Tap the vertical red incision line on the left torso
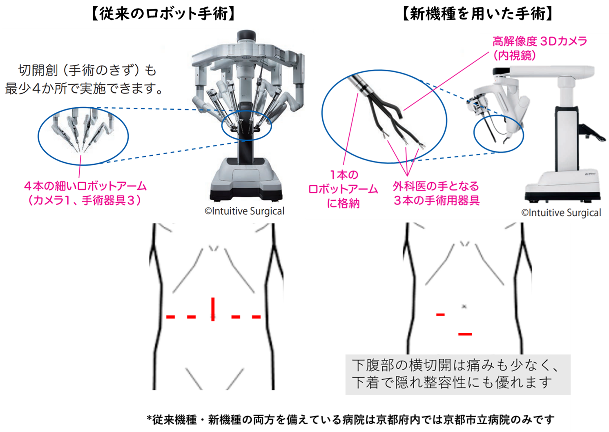pyautogui.click(x=213, y=309)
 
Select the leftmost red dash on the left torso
pyautogui.click(x=170, y=317)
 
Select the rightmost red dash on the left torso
pyautogui.click(x=257, y=317)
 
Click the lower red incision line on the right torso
pyautogui.click(x=465, y=334)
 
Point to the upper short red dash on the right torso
pyautogui.click(x=440, y=315)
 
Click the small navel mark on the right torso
pyautogui.click(x=464, y=306)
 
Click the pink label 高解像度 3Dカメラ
pyautogui.click(x=540, y=42)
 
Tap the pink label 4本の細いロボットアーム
pyautogui.click(x=85, y=186)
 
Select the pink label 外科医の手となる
pyautogui.click(x=436, y=186)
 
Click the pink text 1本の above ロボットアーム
pyautogui.click(x=344, y=175)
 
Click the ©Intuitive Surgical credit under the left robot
pyautogui.click(x=244, y=211)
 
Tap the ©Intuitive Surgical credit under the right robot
pyautogui.click(x=561, y=213)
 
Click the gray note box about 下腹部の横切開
pyautogui.click(x=458, y=374)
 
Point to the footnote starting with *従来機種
pyautogui.click(x=351, y=420)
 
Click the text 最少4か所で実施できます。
pyautogui.click(x=84, y=89)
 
